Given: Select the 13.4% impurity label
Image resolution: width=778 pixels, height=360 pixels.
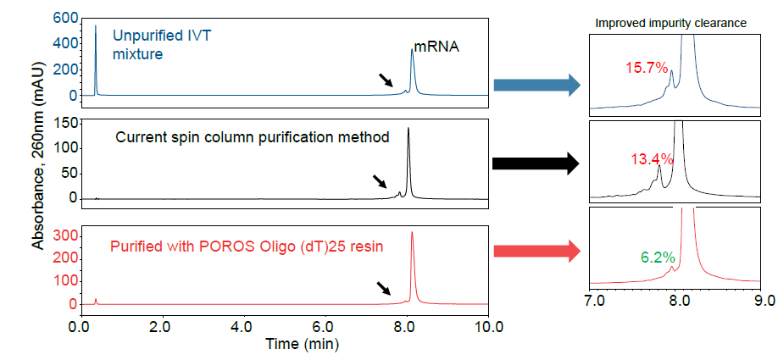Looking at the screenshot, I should (x=652, y=158).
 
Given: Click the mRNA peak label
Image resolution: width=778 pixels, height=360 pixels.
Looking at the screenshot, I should (x=436, y=47).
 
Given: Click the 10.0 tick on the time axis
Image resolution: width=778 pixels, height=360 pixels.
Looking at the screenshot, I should (x=486, y=325).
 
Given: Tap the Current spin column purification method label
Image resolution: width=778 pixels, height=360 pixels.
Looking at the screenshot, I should (x=252, y=137).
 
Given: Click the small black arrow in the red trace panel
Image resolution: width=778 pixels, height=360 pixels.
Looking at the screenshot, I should (x=384, y=289).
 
